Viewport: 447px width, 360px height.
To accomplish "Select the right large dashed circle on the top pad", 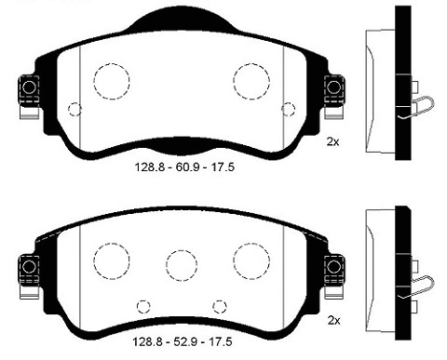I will (x=251, y=80).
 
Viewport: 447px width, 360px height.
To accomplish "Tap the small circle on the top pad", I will (x=75, y=109).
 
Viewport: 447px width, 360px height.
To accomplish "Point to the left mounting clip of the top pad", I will (x=27, y=89).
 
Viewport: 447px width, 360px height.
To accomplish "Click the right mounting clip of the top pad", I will (x=333, y=89).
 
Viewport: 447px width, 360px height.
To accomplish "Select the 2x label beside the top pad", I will (x=333, y=141).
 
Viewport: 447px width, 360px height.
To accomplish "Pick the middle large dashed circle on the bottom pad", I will (x=181, y=262).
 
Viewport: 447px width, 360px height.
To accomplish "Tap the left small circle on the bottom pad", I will (x=143, y=305).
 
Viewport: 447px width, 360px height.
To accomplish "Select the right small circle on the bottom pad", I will (x=220, y=305).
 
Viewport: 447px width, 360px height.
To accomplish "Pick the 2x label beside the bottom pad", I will (x=333, y=321).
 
